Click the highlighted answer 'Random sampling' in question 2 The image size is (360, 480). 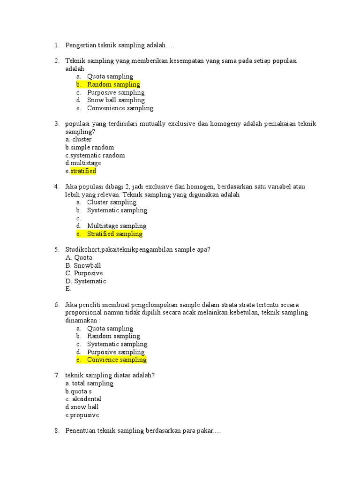tap(113, 84)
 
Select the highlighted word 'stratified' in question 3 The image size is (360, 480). tap(83, 171)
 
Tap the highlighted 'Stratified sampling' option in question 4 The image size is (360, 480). tap(114, 234)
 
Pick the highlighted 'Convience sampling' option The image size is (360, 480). tap(117, 360)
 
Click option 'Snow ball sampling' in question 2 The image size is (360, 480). tap(116, 100)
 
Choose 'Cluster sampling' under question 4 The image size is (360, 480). tap(112, 202)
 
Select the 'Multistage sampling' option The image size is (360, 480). tap(117, 226)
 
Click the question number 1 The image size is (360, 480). tap(57, 45)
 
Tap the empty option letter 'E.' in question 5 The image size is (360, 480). tap(68, 289)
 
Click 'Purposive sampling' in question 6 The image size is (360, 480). tap(116, 352)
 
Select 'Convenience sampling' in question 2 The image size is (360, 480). tap(120, 108)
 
